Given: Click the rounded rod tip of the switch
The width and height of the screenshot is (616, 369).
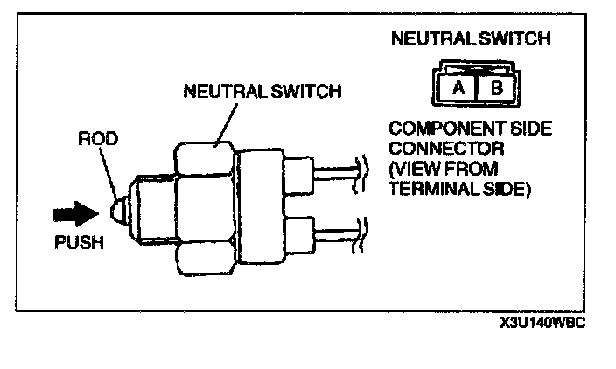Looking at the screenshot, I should pos(118,210).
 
